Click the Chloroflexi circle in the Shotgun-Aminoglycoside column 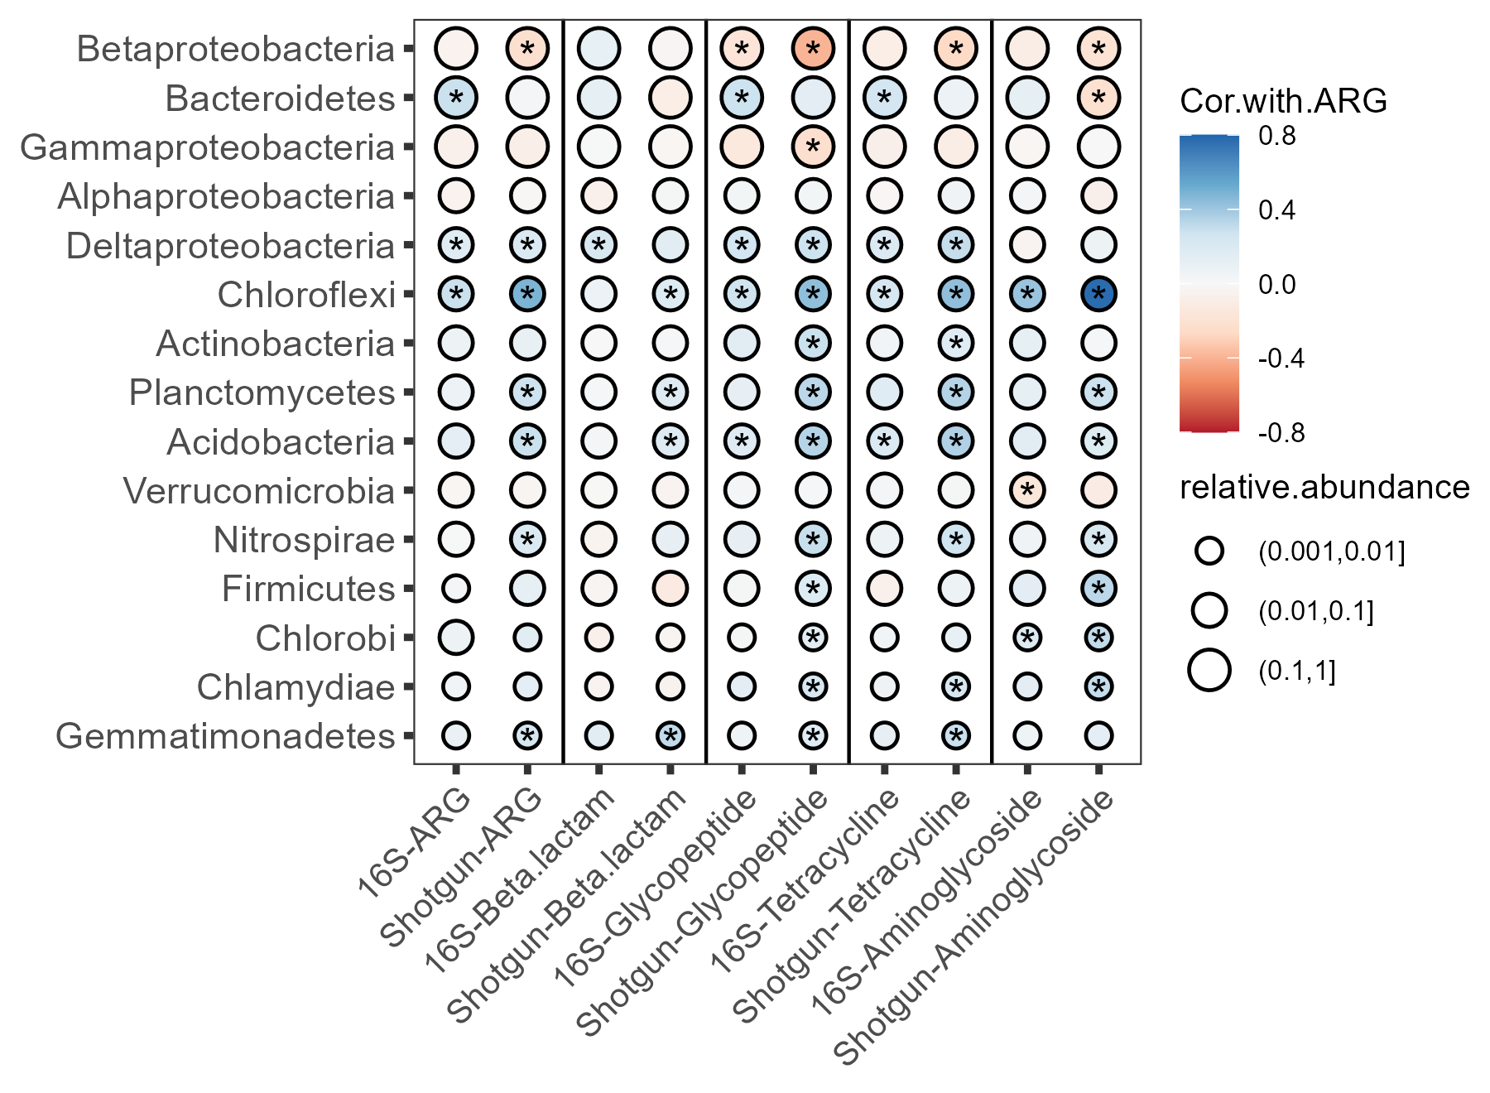(1098, 294)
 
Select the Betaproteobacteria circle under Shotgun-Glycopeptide (813, 49)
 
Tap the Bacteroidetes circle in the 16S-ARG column (455, 98)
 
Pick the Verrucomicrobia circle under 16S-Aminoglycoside (1027, 490)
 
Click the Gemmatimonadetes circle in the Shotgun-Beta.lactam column (670, 735)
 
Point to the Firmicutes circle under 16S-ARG (455, 589)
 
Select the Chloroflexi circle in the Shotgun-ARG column (527, 294)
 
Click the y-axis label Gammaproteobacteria (208, 147)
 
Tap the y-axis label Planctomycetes (262, 392)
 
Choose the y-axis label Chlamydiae (296, 687)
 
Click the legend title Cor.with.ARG (1283, 101)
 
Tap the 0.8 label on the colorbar (1277, 136)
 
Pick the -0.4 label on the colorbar (1281, 359)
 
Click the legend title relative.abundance (1324, 488)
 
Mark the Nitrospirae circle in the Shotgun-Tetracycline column (956, 540)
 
